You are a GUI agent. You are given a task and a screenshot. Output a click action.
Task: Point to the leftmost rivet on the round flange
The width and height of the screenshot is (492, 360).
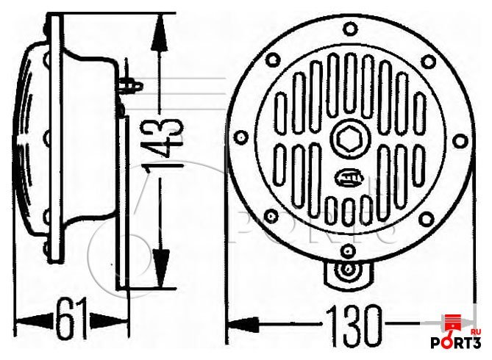tap(240, 137)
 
